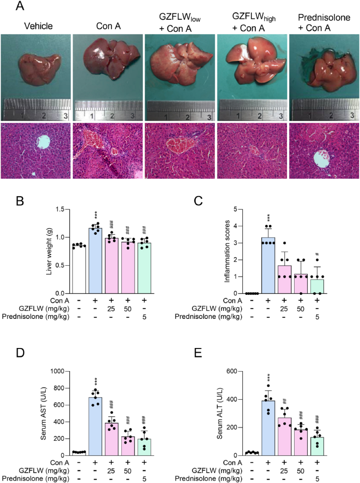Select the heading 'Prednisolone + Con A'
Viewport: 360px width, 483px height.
323,23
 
